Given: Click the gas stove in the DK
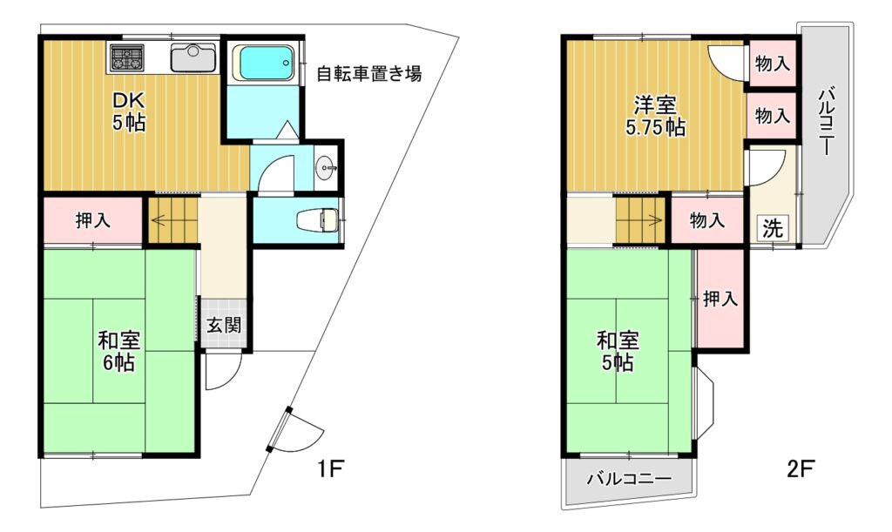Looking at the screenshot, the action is [x=126, y=58].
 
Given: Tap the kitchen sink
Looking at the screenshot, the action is [x=193, y=57].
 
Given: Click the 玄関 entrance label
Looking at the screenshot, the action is [x=224, y=325].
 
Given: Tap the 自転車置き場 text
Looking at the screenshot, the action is [x=369, y=73].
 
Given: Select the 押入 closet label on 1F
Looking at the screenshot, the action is [x=92, y=220].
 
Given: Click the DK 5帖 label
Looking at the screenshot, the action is [x=129, y=111].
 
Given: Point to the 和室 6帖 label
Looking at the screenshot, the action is [x=118, y=351].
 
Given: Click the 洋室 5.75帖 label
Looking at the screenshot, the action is [x=655, y=117].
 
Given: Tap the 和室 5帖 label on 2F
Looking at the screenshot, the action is [x=618, y=351].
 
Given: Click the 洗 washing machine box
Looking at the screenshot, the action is [x=773, y=228].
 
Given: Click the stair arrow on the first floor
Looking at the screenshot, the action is [x=167, y=219].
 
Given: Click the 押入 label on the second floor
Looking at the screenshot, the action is [x=720, y=299].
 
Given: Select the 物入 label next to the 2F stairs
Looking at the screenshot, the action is [x=707, y=220].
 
